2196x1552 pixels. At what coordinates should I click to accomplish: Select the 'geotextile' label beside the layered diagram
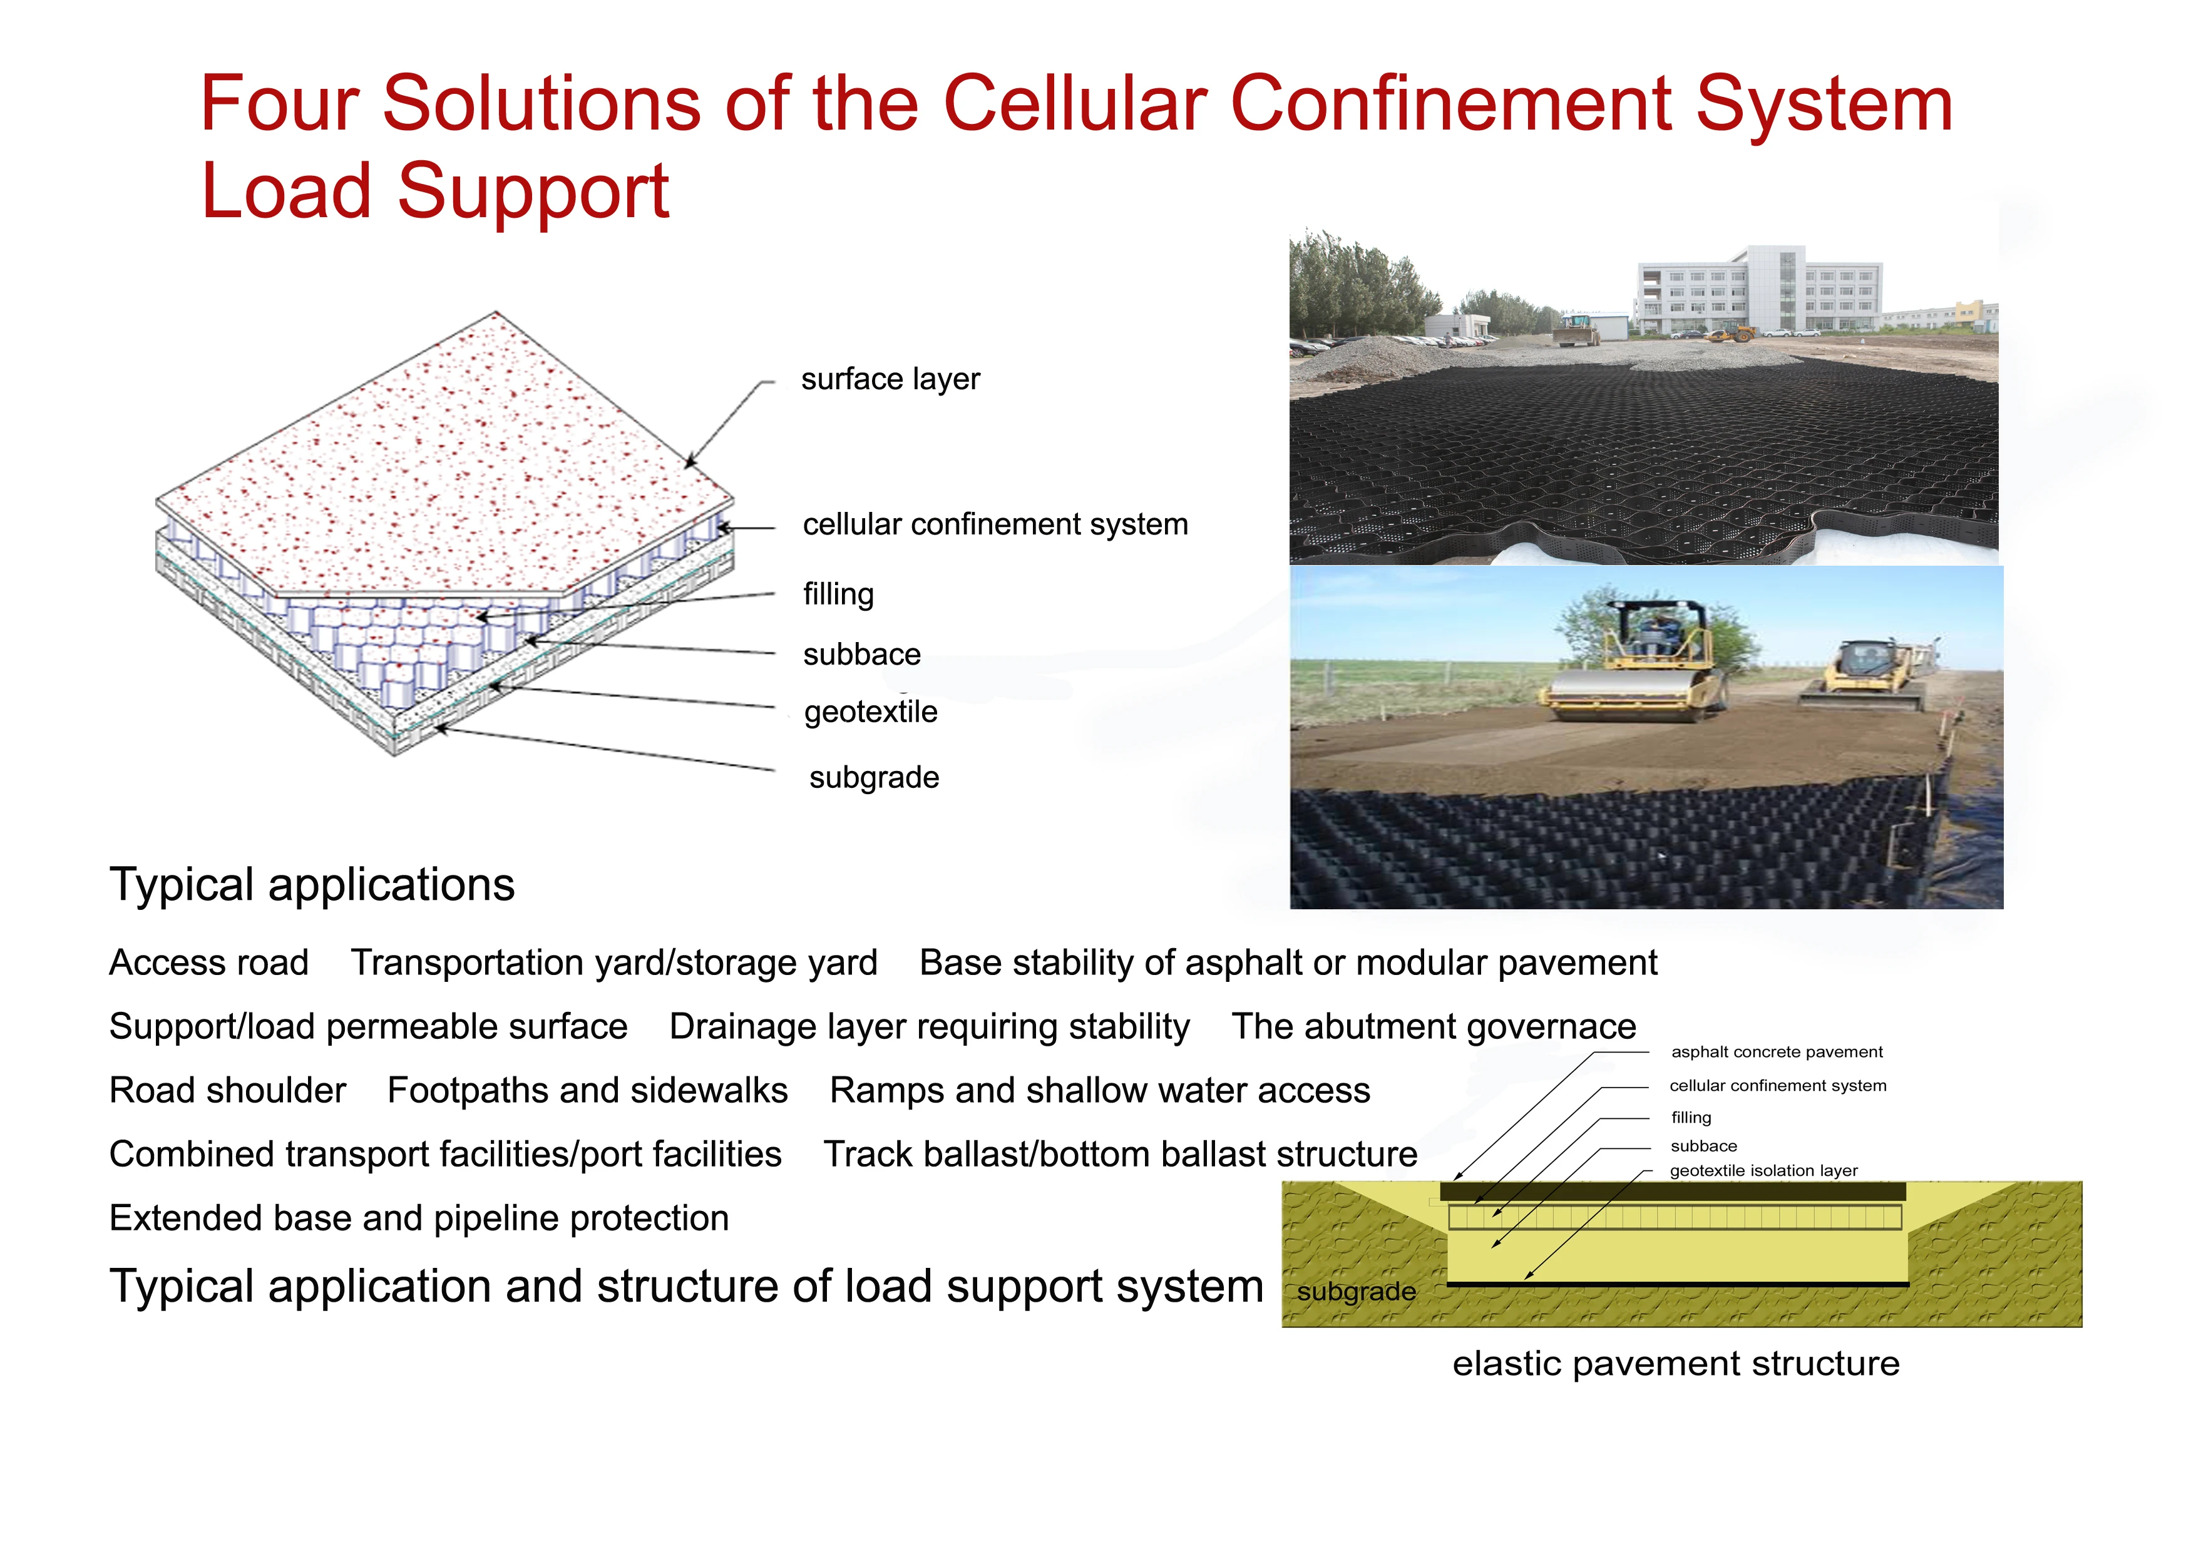tap(870, 712)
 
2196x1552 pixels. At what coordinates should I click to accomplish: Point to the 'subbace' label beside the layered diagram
tap(862, 654)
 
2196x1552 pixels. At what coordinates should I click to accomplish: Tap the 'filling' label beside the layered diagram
tap(838, 594)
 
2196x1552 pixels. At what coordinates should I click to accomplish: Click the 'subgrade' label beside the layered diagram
tap(874, 777)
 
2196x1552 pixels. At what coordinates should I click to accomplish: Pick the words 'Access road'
tap(208, 962)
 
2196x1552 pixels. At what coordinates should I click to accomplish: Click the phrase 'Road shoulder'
tap(228, 1090)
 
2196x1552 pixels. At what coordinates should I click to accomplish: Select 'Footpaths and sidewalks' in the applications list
tap(587, 1090)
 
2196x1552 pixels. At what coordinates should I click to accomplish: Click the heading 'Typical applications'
tap(312, 884)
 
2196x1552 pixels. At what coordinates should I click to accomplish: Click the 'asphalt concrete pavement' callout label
tap(1777, 1052)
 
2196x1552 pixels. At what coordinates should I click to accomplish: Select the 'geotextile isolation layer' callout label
tap(1763, 1170)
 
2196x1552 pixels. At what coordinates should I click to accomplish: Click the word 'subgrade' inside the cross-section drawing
tap(1357, 1292)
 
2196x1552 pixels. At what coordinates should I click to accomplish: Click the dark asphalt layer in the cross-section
tap(1673, 1192)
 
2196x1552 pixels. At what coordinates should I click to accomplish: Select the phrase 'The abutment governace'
tap(1434, 1026)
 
